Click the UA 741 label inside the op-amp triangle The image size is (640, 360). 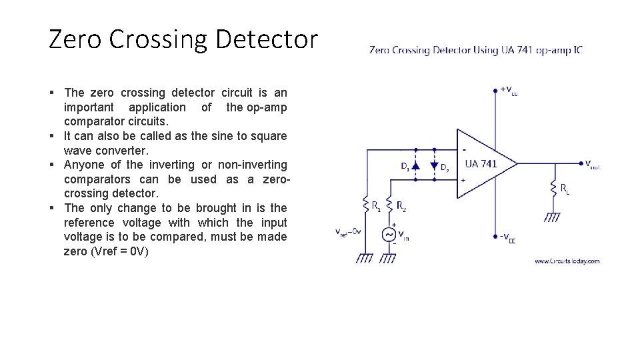click(481, 163)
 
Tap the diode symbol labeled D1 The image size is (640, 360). click(416, 165)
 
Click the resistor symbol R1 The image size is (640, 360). click(366, 204)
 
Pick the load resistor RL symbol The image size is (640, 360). click(553, 189)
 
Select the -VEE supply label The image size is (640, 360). click(507, 237)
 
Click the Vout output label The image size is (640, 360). click(591, 165)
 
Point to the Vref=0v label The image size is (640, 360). click(348, 232)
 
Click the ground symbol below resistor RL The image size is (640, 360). click(553, 217)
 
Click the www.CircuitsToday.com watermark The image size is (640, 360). click(567, 261)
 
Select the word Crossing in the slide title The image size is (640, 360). click(157, 40)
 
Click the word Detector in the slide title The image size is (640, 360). click(268, 40)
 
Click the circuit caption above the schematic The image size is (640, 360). click(476, 50)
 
